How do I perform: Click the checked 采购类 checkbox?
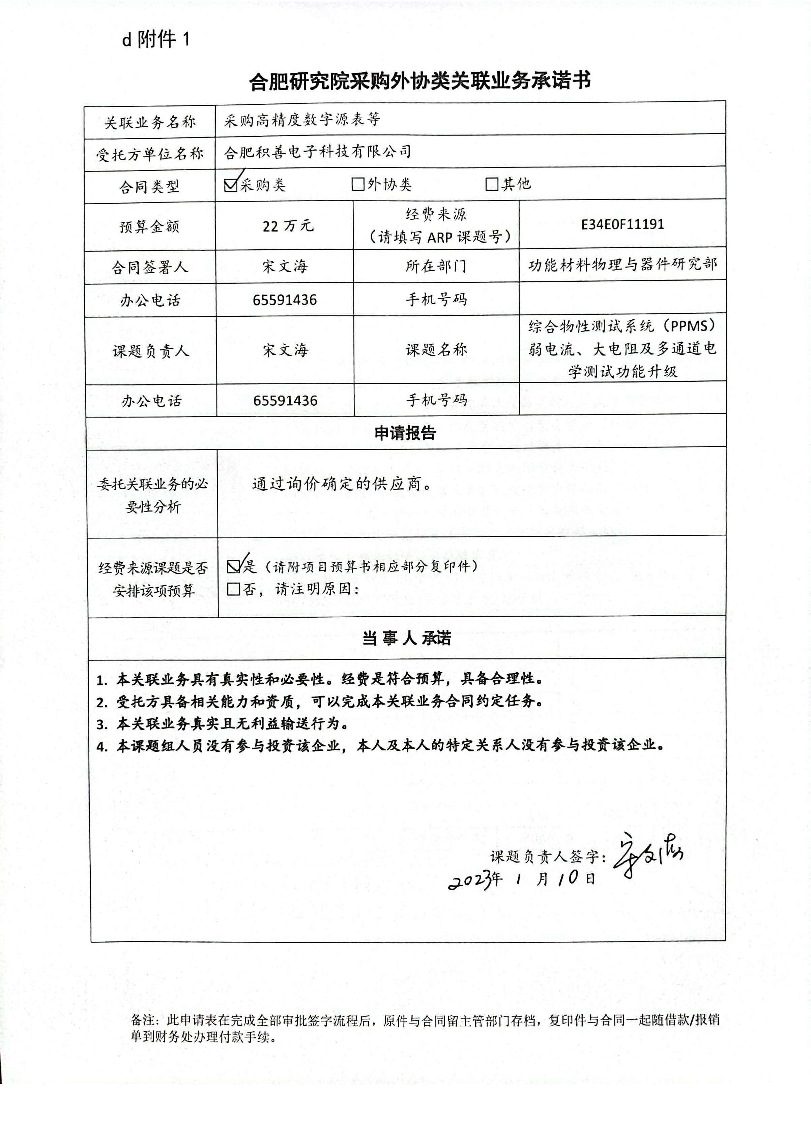231,185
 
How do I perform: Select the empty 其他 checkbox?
492,184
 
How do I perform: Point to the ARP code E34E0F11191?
622,224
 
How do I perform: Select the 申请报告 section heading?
405,433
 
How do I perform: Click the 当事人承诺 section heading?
406,638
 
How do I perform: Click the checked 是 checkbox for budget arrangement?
233,566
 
